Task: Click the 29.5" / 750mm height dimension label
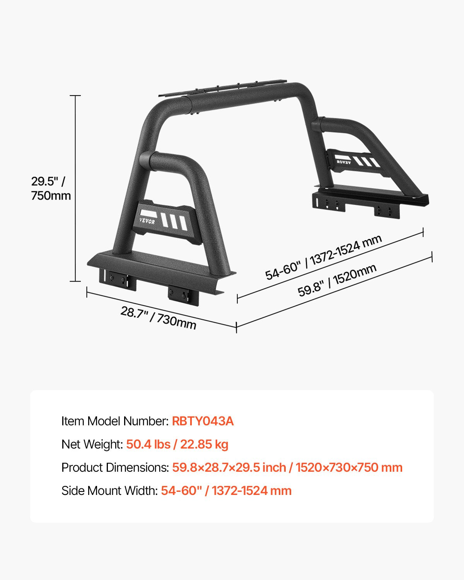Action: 51,188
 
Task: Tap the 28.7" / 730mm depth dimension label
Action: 158,317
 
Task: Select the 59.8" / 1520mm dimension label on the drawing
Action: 337,280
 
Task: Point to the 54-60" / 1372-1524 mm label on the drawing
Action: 323,257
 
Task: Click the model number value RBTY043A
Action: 203,421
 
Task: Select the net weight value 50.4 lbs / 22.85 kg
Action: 177,444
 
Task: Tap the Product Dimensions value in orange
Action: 287,467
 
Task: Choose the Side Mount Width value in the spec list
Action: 226,491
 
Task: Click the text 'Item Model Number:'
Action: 115,421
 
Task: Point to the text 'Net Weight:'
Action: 92,444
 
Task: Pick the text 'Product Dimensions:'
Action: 115,467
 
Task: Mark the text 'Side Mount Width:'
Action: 109,491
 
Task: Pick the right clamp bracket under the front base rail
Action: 183,295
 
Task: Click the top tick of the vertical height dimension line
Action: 75,95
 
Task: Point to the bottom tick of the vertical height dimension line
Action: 75,281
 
